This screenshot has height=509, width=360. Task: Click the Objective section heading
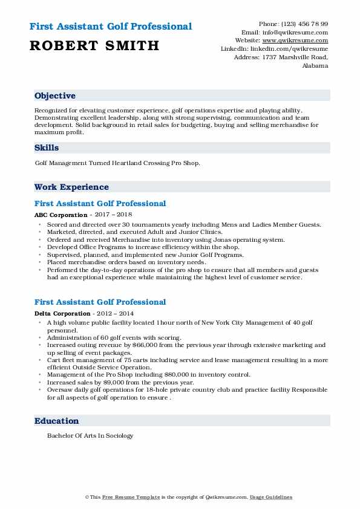point(55,96)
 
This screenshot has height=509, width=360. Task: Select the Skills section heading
point(47,148)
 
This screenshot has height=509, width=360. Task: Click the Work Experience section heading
point(71,187)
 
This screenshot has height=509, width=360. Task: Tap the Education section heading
point(56,421)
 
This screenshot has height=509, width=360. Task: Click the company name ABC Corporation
point(61,215)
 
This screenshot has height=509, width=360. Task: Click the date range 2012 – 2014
point(113,313)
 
